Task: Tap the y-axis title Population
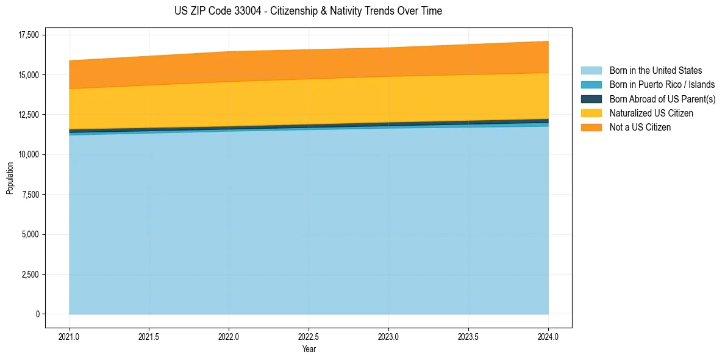[10, 178]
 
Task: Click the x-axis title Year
[309, 349]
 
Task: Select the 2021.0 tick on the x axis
[69, 336]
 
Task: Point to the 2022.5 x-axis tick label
[309, 336]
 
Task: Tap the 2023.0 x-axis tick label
[388, 336]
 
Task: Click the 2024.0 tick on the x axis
[548, 336]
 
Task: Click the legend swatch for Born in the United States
[591, 71]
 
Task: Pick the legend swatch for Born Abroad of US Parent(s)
[591, 99]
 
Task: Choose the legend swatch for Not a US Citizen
[591, 128]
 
